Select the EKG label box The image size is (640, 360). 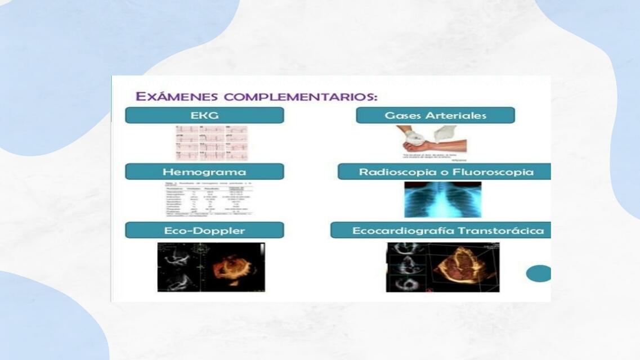tap(204, 115)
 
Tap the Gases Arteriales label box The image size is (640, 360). tap(435, 115)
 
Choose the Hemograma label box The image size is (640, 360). tap(204, 172)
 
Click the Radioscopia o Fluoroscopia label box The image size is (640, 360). tap(445, 172)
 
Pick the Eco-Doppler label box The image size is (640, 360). tap(204, 230)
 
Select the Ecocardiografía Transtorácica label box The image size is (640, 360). tap(440, 230)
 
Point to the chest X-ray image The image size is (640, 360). tap(442, 199)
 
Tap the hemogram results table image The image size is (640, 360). tap(205, 200)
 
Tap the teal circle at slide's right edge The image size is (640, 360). tap(539, 273)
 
